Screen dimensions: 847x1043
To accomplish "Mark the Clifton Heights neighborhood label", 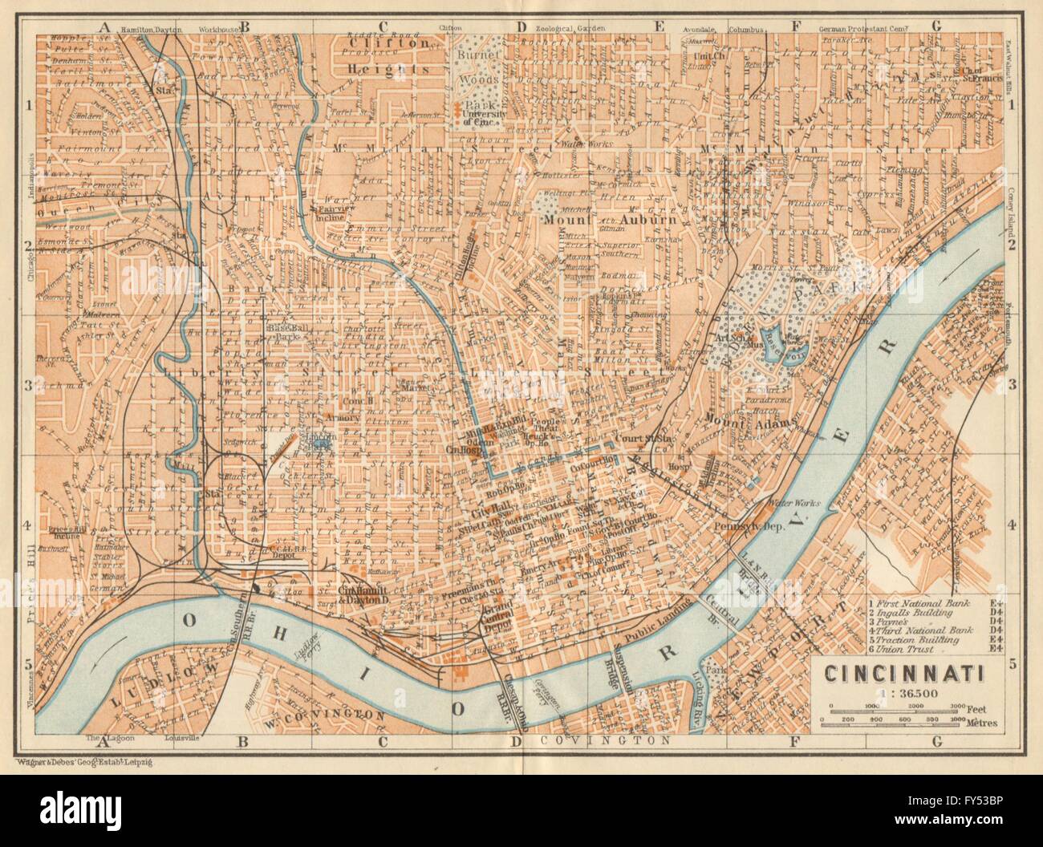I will coord(399,58).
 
